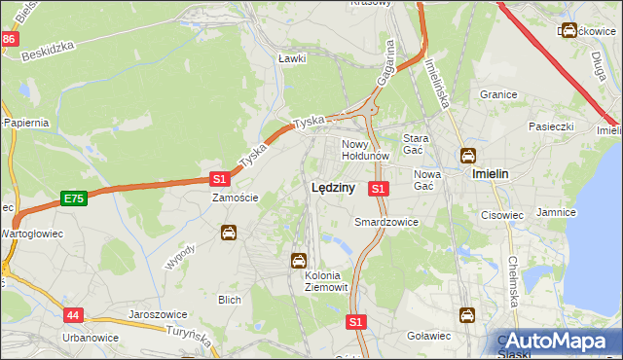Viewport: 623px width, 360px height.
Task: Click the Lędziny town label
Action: click(332, 189)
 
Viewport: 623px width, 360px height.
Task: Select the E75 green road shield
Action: click(73, 198)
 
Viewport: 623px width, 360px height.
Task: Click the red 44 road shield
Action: click(74, 315)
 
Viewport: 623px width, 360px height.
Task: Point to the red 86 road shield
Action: click(9, 39)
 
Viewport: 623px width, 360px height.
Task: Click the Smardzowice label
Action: click(386, 222)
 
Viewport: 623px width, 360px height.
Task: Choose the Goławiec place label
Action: click(428, 336)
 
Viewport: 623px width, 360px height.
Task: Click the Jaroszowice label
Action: click(158, 315)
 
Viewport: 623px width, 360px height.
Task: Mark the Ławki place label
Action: click(292, 58)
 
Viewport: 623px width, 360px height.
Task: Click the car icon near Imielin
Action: click(468, 156)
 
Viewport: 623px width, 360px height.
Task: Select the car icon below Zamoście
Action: click(228, 233)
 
